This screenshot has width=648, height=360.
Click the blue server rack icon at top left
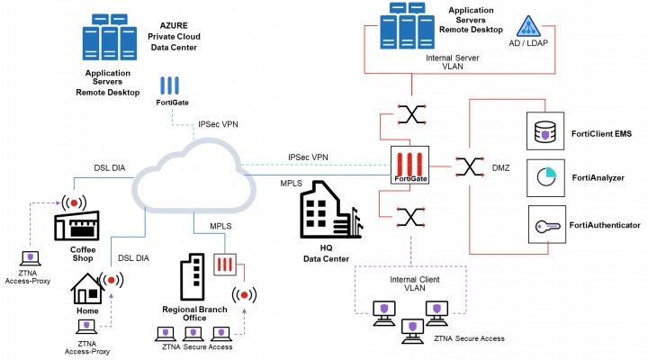coord(109,37)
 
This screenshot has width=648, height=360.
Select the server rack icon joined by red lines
coord(407,26)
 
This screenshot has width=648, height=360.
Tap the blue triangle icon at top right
coord(528,26)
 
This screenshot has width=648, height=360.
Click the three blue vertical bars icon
coord(169,85)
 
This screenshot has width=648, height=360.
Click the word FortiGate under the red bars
coord(410,178)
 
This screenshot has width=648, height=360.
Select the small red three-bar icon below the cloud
coord(225,265)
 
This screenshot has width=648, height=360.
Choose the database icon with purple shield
coord(544,130)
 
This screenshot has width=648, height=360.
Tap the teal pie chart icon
coord(545,177)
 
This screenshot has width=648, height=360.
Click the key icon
coord(546,225)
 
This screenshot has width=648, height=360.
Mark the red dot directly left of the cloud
coord(74,203)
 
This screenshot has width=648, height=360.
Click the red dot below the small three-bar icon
coord(244,295)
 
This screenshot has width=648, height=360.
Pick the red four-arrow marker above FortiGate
coord(412,113)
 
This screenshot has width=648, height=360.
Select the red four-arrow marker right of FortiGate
coord(470,166)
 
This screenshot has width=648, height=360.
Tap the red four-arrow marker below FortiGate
coord(411,217)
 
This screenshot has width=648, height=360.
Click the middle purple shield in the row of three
coord(193,332)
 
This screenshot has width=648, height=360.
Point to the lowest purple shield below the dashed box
coord(412,327)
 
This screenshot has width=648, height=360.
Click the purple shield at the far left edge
coord(31,256)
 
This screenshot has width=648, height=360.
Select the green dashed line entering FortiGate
coord(315,165)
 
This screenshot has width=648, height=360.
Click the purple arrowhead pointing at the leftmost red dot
coord(58,203)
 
